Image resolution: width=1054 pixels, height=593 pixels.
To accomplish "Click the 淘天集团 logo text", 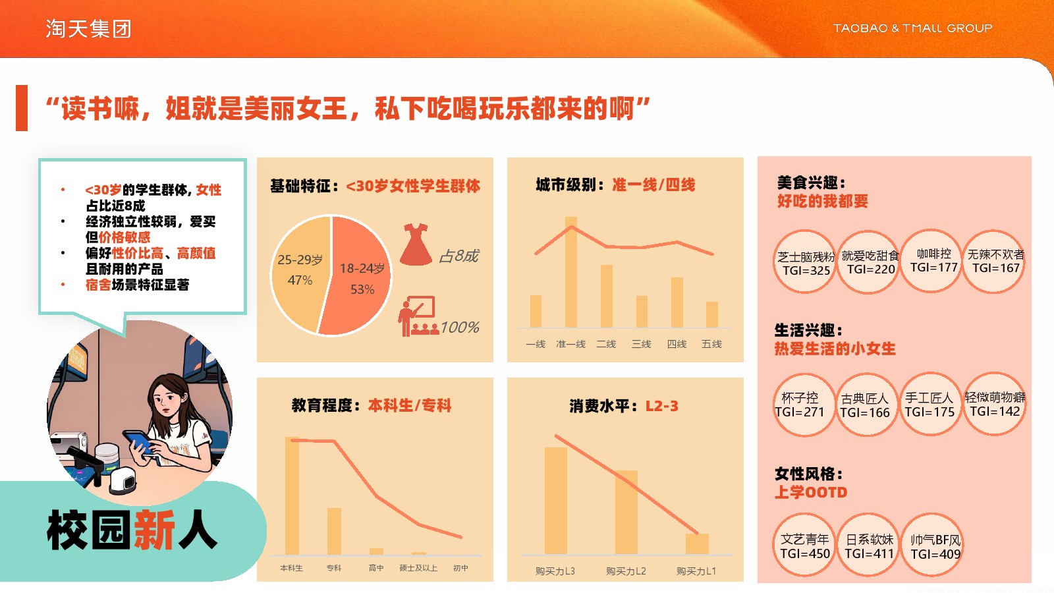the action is pyautogui.click(x=88, y=29).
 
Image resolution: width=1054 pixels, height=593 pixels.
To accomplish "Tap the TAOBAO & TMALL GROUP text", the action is pyautogui.click(x=912, y=28).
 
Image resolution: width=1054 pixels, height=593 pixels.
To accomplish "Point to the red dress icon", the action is pyautogui.click(x=416, y=244).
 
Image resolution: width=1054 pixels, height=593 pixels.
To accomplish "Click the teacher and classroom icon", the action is pyautogui.click(x=418, y=316).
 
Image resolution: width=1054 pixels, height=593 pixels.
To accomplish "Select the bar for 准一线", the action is pyautogui.click(x=570, y=272).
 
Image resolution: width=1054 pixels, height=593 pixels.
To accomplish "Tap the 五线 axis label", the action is pyautogui.click(x=711, y=344).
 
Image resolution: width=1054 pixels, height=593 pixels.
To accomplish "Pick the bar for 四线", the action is pyautogui.click(x=677, y=302).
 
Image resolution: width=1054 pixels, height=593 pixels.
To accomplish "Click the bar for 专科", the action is pyautogui.click(x=334, y=532).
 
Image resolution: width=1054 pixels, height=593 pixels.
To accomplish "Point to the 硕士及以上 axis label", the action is pyautogui.click(x=418, y=568).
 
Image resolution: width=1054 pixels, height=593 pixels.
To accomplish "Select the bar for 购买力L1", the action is pyautogui.click(x=697, y=544).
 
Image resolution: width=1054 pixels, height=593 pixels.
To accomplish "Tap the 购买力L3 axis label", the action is pyautogui.click(x=555, y=571).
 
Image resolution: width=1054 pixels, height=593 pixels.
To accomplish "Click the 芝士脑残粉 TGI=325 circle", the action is pyautogui.click(x=805, y=262).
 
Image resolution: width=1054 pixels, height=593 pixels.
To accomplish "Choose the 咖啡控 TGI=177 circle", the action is pyautogui.click(x=933, y=261).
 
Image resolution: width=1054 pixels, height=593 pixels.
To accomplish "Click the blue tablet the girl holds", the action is pyautogui.click(x=139, y=442).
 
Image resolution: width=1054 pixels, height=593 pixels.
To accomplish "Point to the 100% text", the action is pyautogui.click(x=460, y=327).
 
